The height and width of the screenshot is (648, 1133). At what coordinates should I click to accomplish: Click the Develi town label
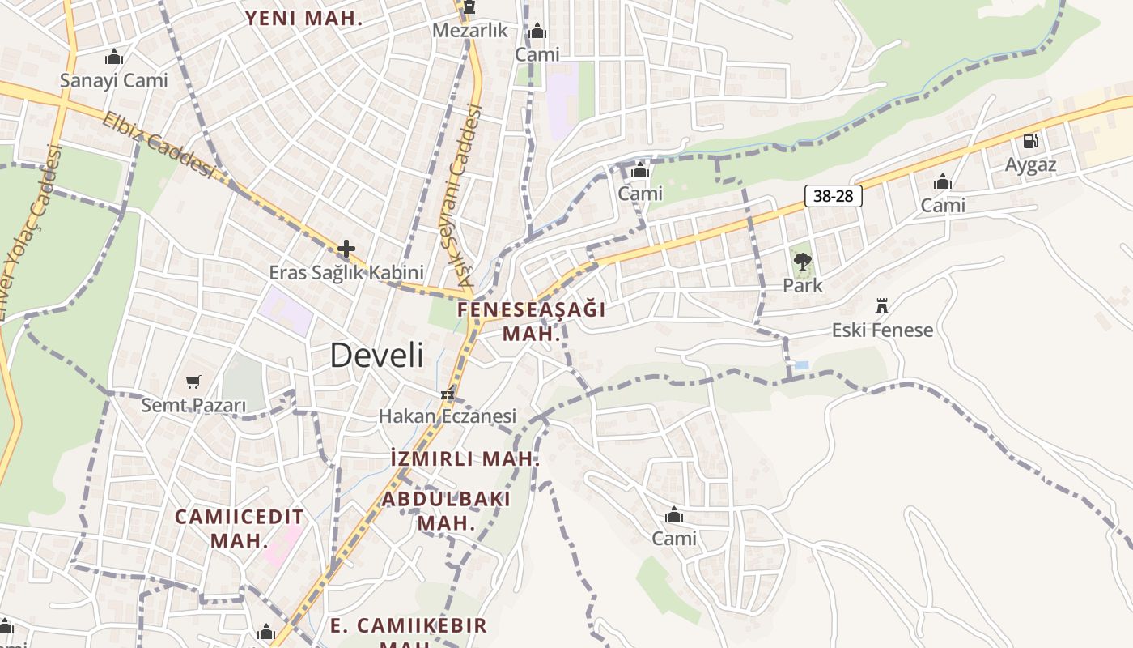pyautogui.click(x=377, y=356)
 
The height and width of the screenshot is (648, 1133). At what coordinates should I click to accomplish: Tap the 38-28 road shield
pyautogui.click(x=833, y=196)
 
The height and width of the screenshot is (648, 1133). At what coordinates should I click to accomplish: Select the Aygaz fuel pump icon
pyautogui.click(x=1030, y=141)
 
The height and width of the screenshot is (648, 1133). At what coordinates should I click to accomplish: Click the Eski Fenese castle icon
pyautogui.click(x=882, y=306)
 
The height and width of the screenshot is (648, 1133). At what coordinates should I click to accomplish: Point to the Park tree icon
pyautogui.click(x=802, y=262)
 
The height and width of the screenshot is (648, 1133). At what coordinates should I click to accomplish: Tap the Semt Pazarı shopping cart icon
pyautogui.click(x=193, y=382)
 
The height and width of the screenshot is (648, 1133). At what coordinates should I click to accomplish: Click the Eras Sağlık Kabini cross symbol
pyautogui.click(x=346, y=249)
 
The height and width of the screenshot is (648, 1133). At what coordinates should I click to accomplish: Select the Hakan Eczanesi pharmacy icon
pyautogui.click(x=447, y=395)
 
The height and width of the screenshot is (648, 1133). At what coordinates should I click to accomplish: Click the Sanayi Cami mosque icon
pyautogui.click(x=114, y=58)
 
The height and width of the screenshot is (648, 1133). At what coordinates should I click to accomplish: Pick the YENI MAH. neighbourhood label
pyautogui.click(x=304, y=19)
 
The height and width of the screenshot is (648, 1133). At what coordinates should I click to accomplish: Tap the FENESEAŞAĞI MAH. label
pyautogui.click(x=531, y=321)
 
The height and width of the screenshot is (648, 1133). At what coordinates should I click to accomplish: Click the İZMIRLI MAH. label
pyautogui.click(x=464, y=458)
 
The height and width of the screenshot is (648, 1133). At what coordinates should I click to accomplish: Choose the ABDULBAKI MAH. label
pyautogui.click(x=446, y=510)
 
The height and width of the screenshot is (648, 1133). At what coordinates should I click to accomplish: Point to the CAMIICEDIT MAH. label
pyautogui.click(x=240, y=528)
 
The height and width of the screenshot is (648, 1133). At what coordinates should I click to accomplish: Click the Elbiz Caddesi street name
pyautogui.click(x=159, y=145)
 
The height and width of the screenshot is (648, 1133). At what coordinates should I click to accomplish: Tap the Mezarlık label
pyautogui.click(x=470, y=31)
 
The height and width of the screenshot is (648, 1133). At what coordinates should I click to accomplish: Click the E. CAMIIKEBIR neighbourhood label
pyautogui.click(x=409, y=626)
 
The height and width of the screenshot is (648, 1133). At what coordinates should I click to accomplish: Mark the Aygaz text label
pyautogui.click(x=1030, y=165)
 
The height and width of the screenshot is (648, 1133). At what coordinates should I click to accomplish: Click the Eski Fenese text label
pyautogui.click(x=882, y=330)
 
